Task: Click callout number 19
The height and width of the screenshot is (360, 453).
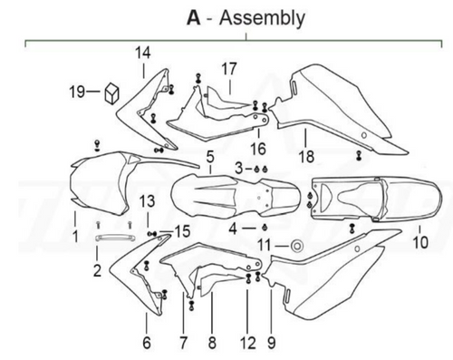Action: pyautogui.click(x=79, y=91)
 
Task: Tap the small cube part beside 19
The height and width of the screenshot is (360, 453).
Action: pyautogui.click(x=111, y=92)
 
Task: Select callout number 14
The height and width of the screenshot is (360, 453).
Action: pyautogui.click(x=142, y=53)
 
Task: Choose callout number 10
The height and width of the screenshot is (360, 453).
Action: pyautogui.click(x=418, y=243)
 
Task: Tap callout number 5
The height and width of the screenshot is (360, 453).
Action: pyautogui.click(x=209, y=158)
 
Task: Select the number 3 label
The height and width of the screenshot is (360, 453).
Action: pyautogui.click(x=238, y=169)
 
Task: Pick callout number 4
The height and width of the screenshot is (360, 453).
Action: pyautogui.click(x=234, y=229)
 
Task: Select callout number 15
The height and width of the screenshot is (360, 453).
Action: pyautogui.click(x=183, y=232)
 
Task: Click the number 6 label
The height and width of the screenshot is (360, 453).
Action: pyautogui.click(x=146, y=343)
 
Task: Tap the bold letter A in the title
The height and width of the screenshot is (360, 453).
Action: pyautogui.click(x=192, y=17)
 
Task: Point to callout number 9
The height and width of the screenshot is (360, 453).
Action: pyautogui.click(x=270, y=343)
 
